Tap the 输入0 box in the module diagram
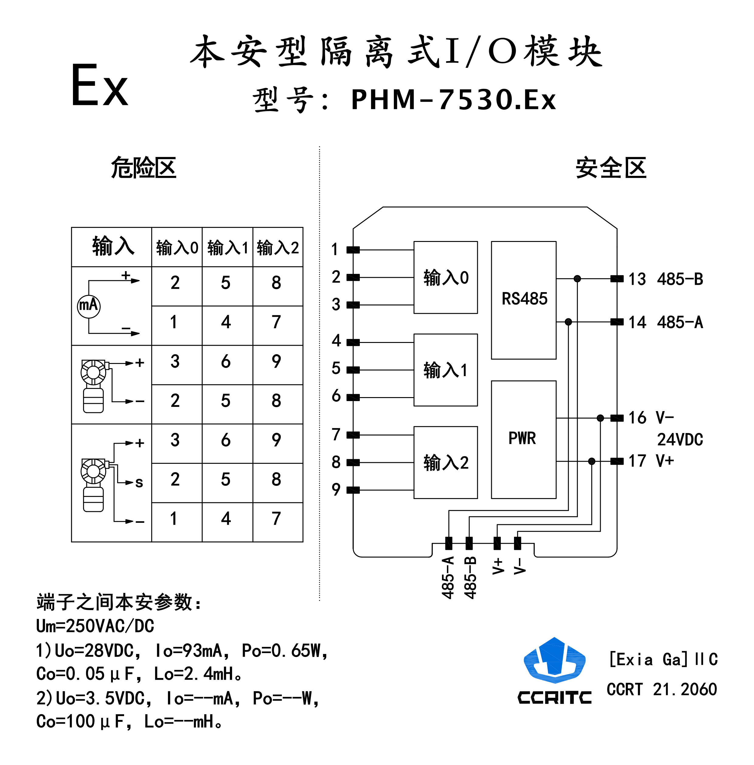tap(445, 278)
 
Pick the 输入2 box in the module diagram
tap(445, 463)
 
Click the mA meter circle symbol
tap(88, 306)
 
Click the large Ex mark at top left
tap(99, 86)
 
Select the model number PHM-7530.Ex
tap(453, 100)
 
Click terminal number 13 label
tap(637, 279)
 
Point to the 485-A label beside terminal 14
tap(679, 322)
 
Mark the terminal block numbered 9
tap(353, 490)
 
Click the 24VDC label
tap(679, 439)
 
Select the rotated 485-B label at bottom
tap(470, 578)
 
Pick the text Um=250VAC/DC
tap(95, 626)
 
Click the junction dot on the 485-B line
tap(577, 279)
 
